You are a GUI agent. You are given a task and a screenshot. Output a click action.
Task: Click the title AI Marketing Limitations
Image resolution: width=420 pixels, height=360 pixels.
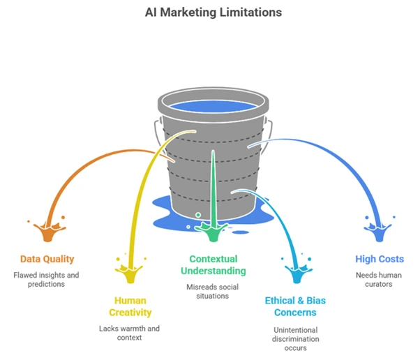pos(210,12)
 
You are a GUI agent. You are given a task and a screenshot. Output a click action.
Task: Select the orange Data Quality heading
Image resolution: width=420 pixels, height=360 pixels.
pos(47,260)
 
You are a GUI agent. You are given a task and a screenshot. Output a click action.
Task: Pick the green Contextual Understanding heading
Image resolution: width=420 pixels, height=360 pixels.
pos(213,264)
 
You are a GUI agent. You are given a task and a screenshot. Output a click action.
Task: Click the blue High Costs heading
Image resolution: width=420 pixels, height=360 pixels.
pos(379,260)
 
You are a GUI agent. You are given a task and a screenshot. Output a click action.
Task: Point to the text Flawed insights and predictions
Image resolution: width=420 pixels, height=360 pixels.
pos(47,280)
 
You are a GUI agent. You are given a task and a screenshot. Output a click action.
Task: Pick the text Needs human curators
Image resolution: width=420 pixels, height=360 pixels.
pos(379,280)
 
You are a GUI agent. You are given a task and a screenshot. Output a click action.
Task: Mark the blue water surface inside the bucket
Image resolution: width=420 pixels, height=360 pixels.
pos(212,107)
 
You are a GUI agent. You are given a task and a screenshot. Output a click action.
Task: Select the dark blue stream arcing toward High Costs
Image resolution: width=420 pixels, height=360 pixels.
pos(335,157)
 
